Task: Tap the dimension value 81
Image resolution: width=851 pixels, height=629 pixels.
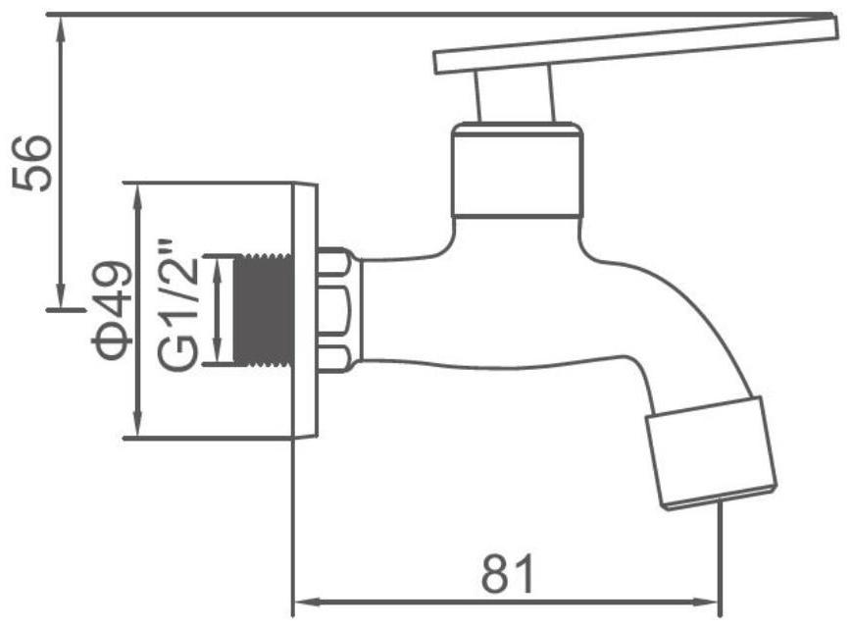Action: tap(509, 573)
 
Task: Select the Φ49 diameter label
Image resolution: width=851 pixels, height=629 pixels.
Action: tap(110, 310)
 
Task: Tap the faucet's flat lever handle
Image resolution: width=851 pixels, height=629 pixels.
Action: tap(627, 47)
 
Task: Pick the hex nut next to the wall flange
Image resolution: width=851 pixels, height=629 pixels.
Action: tap(339, 310)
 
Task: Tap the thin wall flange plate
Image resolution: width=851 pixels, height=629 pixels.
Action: tap(306, 310)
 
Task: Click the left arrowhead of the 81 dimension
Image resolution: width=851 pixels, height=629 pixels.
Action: tap(302, 601)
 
